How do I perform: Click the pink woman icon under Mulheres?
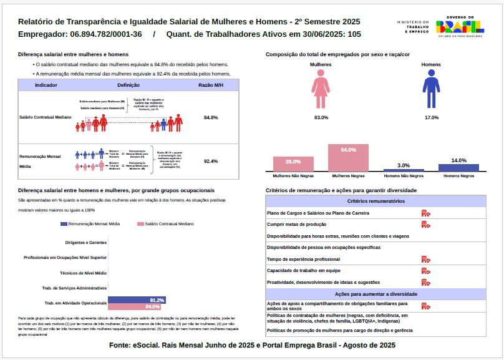[x=321, y=90]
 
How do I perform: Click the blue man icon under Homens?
[x=431, y=90]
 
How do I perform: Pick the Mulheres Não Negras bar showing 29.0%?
[x=293, y=164]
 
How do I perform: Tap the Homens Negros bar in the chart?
[x=458, y=167]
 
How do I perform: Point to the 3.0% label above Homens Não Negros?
[x=404, y=165]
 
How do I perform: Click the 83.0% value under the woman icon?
[x=321, y=117]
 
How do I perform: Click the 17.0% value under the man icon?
[x=431, y=117]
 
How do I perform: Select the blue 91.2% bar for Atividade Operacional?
[x=137, y=300]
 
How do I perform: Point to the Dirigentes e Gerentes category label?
[x=85, y=242]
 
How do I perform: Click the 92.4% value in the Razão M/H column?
[x=211, y=161]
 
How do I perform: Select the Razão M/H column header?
[x=211, y=84]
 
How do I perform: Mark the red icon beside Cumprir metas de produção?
[x=425, y=225]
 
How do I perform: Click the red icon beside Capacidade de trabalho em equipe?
[x=425, y=271]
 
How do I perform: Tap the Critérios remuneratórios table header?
[x=376, y=201]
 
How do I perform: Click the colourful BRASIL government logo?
[x=460, y=26]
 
